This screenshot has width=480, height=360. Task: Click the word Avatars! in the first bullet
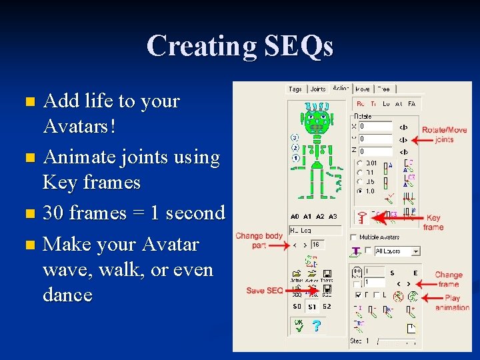79,126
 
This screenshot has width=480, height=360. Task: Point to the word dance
67,295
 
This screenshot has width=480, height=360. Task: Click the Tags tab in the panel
295,89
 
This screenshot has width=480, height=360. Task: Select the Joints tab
318,89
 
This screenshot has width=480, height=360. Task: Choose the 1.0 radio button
360,191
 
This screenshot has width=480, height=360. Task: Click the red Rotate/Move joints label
444,135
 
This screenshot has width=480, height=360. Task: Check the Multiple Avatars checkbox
353,237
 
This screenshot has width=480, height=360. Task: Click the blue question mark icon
316,325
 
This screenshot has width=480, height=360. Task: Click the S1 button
312,307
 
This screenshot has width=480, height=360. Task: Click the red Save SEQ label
265,291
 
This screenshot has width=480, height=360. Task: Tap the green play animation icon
413,297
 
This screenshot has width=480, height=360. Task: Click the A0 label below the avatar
295,217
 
